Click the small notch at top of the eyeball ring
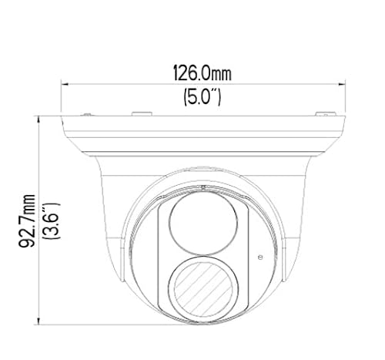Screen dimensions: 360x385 click(202, 187)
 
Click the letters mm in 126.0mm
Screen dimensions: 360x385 click(223, 74)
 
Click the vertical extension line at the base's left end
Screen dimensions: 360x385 click(62, 96)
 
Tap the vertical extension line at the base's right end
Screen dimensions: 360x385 click(342, 96)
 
